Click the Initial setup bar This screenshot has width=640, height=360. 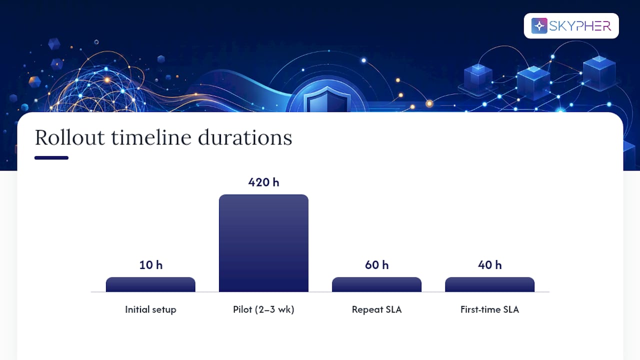[150, 284]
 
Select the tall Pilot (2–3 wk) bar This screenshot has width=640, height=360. [263, 243]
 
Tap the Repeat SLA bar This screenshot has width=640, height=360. [376, 284]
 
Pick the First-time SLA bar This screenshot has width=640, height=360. [489, 284]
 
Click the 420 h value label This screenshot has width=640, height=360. [263, 182]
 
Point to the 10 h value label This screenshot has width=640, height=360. [151, 265]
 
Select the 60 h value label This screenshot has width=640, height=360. [377, 265]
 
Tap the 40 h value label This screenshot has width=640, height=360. [489, 265]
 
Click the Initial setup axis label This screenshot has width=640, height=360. [150, 309]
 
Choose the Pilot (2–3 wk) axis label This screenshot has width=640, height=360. [263, 309]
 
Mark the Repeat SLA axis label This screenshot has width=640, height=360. [376, 309]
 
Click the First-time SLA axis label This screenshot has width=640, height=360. [489, 309]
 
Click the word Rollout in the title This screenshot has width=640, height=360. [69, 137]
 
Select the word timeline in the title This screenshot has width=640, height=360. [151, 137]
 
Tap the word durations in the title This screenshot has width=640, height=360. [245, 137]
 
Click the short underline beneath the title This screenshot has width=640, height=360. [51, 157]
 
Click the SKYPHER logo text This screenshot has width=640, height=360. [580, 26]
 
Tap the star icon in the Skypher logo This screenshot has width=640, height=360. [539, 25]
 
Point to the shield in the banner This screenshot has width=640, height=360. [327, 100]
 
